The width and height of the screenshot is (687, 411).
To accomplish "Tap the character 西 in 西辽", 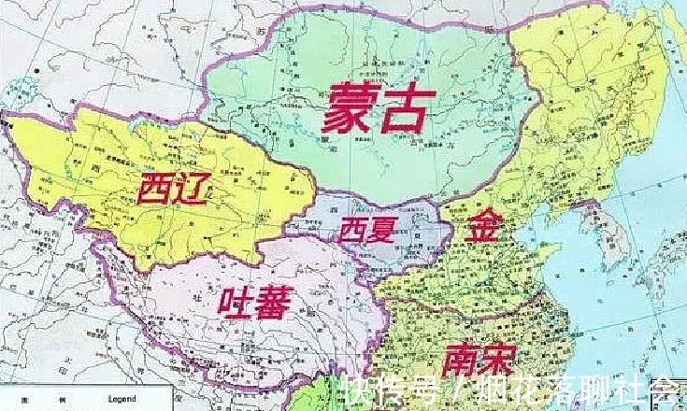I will pos(153,191).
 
